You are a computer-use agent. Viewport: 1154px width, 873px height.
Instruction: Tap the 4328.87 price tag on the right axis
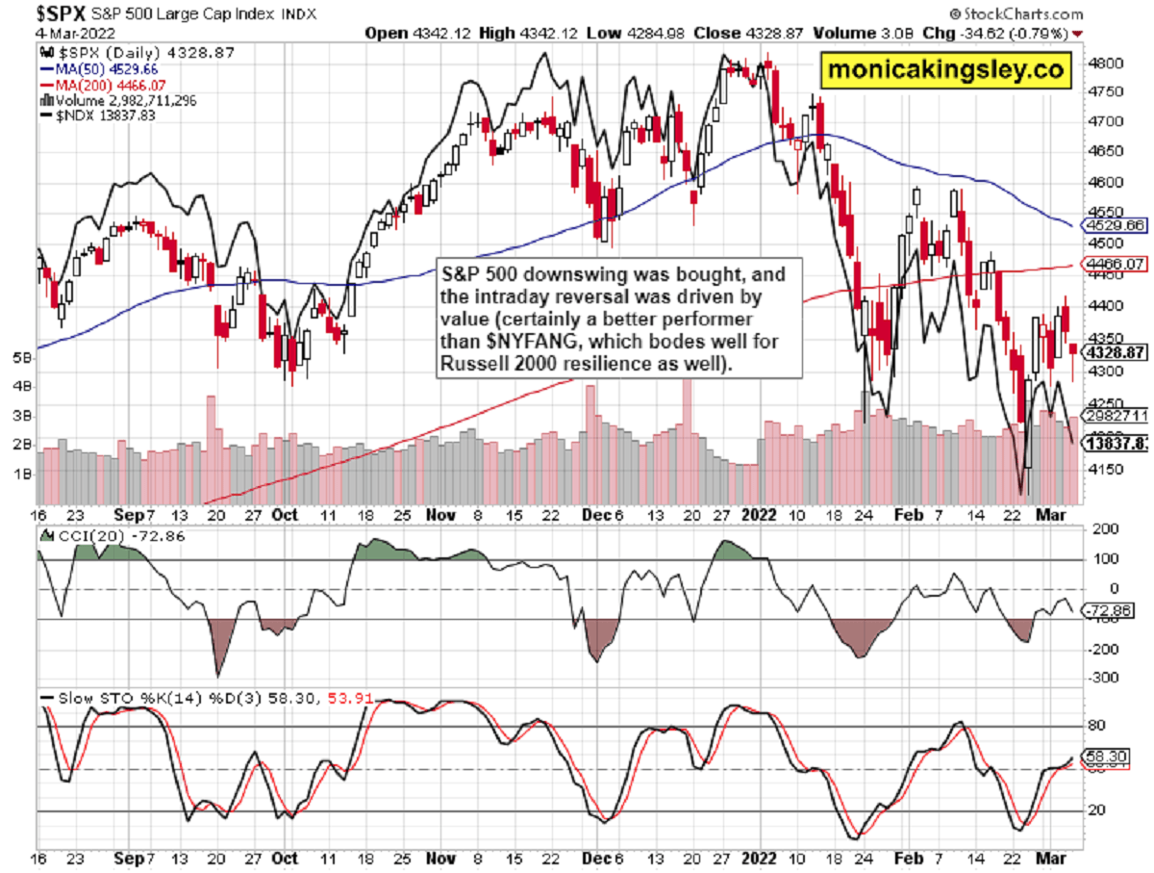1111,353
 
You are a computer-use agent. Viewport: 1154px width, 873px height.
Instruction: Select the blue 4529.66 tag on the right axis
1111,225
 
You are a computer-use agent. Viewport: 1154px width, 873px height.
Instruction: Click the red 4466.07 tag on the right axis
1111,263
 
